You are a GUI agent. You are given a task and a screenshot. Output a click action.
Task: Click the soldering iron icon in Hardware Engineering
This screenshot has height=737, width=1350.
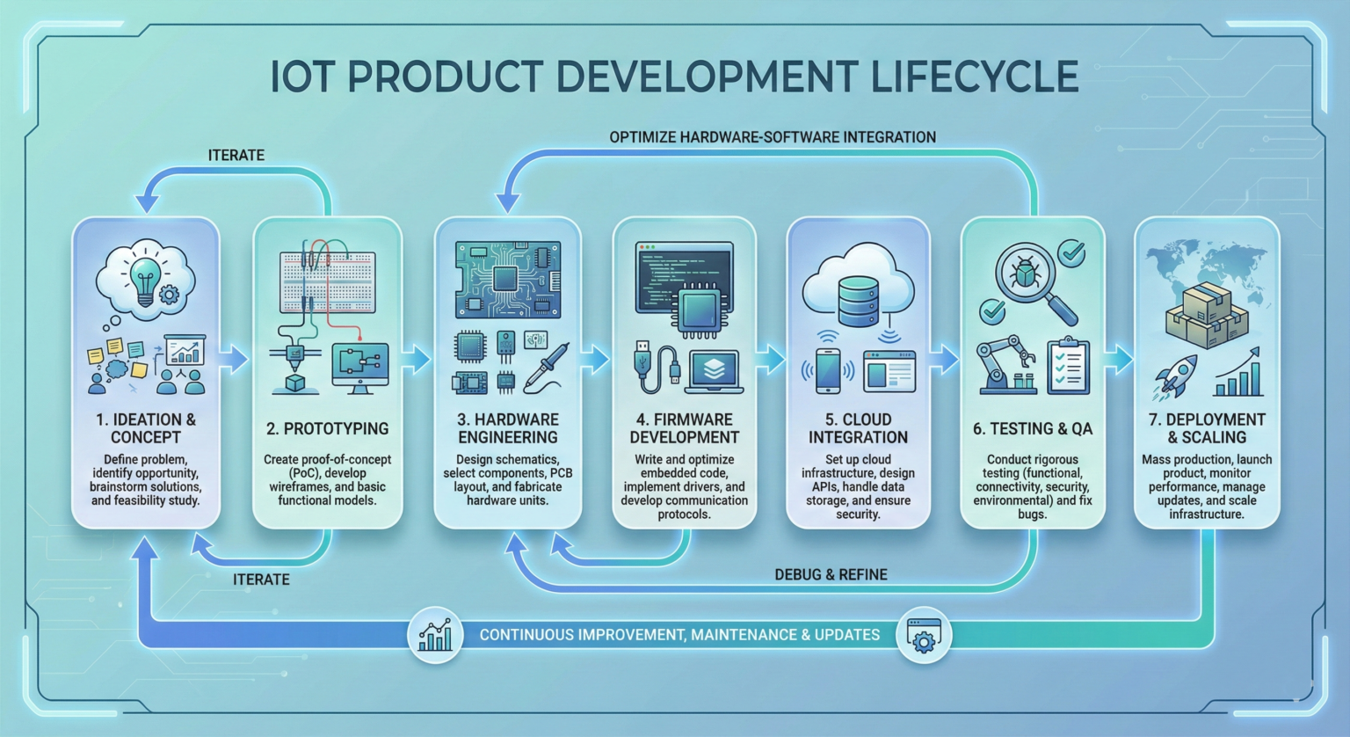547,368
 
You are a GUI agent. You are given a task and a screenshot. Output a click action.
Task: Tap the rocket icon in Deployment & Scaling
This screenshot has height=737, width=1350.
1175,375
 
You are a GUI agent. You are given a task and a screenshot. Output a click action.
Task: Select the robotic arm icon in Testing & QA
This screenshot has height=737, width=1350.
1005,363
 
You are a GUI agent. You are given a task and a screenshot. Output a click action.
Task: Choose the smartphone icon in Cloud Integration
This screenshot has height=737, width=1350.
828,370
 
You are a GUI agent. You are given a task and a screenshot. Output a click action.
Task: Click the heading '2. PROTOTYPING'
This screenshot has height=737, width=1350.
327,429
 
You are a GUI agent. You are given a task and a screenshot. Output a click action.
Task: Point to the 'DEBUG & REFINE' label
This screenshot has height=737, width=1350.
831,574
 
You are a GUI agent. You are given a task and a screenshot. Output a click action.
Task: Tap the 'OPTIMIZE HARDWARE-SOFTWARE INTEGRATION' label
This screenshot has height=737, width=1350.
772,137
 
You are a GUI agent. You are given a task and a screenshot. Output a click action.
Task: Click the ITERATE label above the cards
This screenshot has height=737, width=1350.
236,155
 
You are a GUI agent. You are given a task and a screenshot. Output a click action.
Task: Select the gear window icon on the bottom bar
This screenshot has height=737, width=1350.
924,634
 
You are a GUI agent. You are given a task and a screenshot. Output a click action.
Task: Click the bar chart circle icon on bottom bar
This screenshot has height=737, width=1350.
436,634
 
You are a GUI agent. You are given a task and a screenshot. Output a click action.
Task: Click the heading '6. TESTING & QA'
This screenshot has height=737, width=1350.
1032,429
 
